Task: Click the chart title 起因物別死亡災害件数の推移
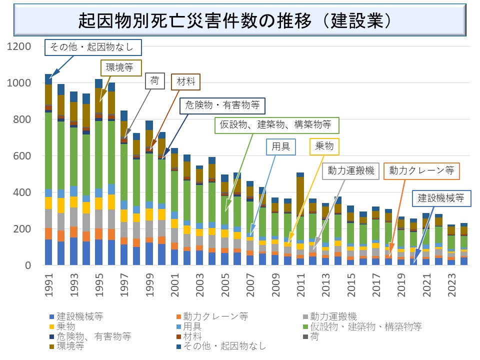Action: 235,20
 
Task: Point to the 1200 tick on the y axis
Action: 20,46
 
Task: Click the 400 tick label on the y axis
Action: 23,192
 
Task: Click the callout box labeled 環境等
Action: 121,67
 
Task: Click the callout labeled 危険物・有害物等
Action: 222,105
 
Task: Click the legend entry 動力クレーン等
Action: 215,316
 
